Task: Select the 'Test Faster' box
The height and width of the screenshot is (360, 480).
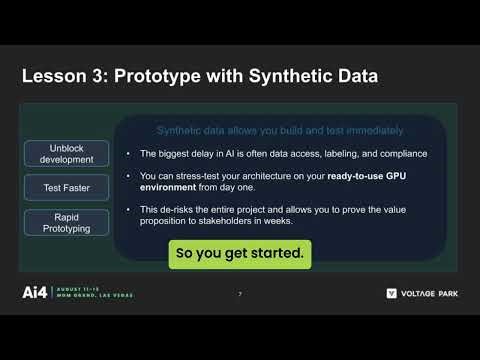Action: click(x=67, y=187)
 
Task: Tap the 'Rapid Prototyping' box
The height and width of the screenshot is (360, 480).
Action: click(x=67, y=222)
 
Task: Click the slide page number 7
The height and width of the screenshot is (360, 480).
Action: click(x=240, y=294)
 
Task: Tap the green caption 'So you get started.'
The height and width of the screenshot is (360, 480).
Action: click(x=239, y=254)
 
